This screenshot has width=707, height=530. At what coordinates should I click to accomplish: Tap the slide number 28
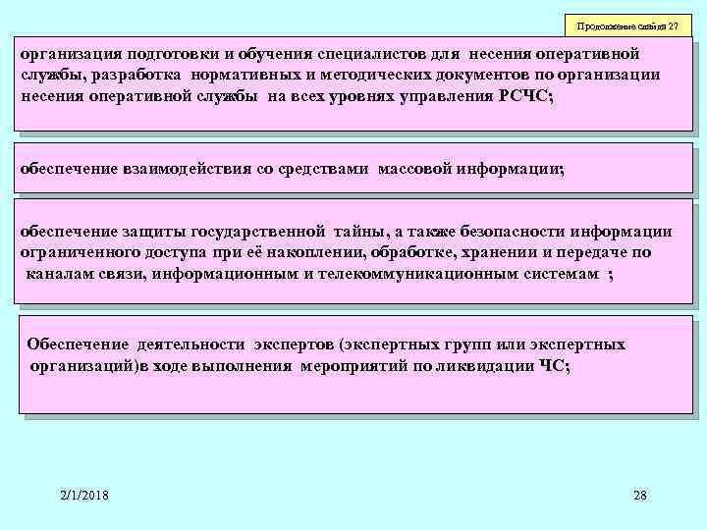[640, 496]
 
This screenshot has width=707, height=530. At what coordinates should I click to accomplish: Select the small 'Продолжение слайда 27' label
[628, 25]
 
